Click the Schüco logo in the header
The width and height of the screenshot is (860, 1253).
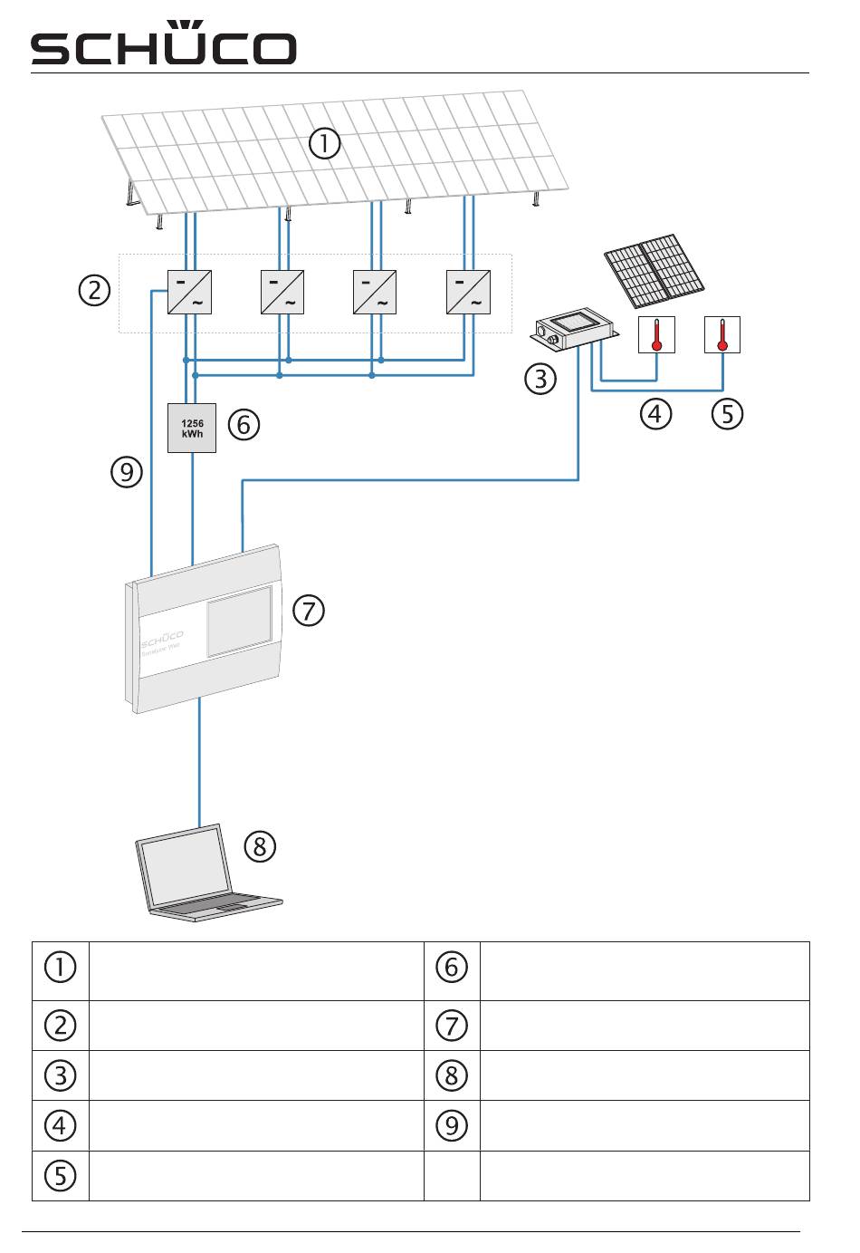click(164, 45)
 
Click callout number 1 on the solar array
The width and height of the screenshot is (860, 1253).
click(324, 144)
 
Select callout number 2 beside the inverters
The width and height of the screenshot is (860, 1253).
click(94, 291)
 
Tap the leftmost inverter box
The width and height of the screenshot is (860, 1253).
click(190, 292)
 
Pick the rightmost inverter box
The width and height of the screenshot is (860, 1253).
click(468, 292)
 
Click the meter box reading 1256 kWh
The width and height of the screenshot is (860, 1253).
click(192, 428)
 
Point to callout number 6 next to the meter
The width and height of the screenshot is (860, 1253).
click(244, 424)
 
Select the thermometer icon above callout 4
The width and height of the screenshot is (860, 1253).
click(657, 334)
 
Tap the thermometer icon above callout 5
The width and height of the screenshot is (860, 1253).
click(722, 334)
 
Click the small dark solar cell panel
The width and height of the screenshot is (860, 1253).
click(655, 271)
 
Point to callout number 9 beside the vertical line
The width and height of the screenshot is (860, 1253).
click(127, 472)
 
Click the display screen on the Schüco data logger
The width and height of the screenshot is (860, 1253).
click(239, 622)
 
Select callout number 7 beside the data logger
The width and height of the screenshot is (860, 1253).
click(309, 610)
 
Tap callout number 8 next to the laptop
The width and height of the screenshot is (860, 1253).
click(260, 846)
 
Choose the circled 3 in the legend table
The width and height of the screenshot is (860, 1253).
click(60, 1075)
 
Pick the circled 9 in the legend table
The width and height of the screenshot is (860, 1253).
click(452, 1125)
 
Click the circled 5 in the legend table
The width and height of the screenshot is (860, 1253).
click(60, 1176)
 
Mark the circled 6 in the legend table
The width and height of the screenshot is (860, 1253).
click(452, 968)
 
